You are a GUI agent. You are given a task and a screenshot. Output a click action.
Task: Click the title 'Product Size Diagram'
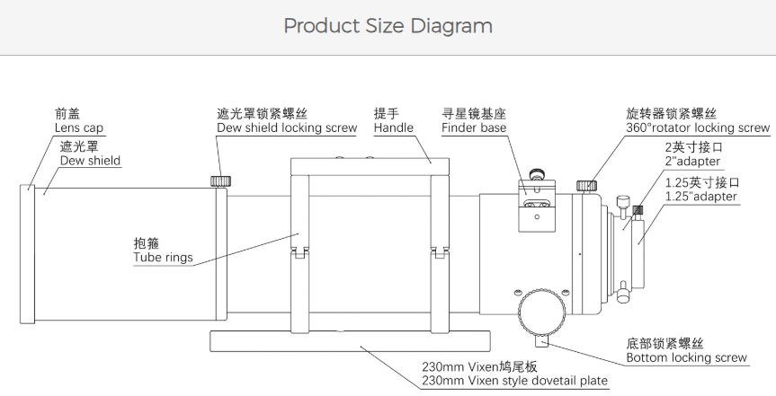coord(388,26)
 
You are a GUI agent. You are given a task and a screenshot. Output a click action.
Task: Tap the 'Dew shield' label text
coord(90,161)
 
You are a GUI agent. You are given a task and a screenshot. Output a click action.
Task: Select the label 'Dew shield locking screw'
coord(287,128)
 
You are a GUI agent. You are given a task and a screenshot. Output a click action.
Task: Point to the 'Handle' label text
coord(394,128)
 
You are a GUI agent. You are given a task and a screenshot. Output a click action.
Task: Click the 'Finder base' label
coord(474,128)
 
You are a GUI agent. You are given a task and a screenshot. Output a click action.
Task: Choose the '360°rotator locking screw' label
coord(698,128)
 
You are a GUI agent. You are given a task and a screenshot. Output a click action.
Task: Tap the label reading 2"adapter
coord(692,162)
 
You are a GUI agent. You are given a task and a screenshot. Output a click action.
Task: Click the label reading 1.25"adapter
coord(700,196)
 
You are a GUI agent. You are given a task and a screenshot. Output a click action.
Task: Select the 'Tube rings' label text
coord(163,259)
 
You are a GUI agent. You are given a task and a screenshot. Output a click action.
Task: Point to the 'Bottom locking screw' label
coord(686,358)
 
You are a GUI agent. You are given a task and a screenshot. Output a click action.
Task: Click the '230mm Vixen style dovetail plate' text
coord(514,382)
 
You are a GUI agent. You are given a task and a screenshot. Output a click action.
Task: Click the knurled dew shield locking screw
coord(219,180)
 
